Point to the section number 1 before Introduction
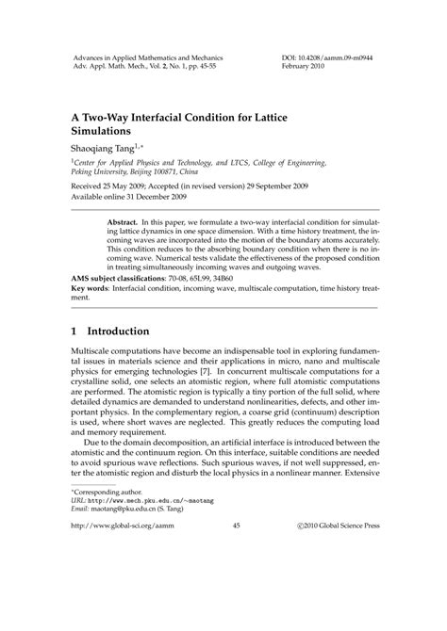point(75,332)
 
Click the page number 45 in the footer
point(223,608)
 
